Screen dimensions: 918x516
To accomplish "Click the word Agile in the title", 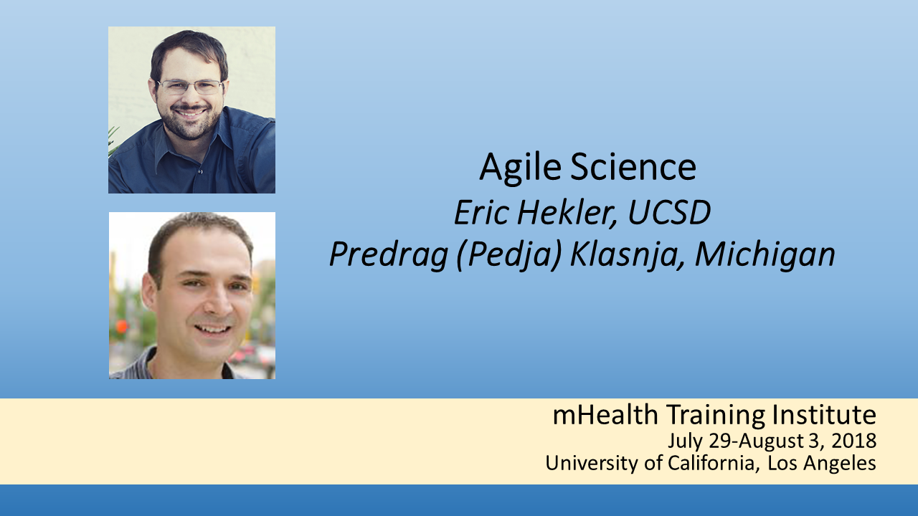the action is [520, 168].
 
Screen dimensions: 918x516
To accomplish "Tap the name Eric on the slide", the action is [481, 213].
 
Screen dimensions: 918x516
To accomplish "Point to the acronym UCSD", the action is [669, 213].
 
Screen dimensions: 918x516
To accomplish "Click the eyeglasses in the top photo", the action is [191, 87].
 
